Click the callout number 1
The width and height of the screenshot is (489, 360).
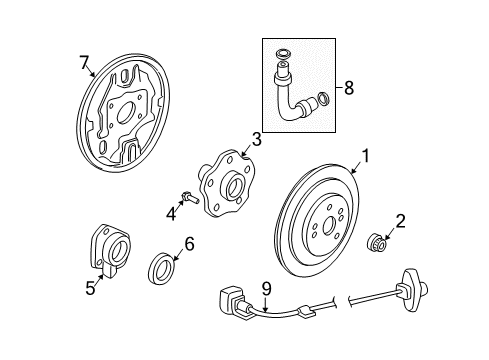pos(366,155)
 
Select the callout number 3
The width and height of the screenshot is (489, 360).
pos(256,138)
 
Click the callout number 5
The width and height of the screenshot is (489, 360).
pos(90,290)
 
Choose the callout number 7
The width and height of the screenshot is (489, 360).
pos(84,65)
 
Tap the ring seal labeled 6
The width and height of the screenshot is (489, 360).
pos(164,269)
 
